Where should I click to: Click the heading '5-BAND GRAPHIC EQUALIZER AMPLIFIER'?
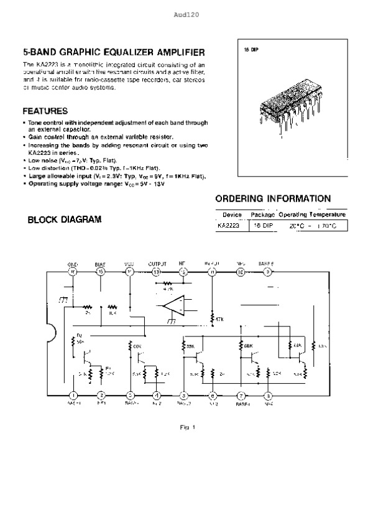tap(114, 53)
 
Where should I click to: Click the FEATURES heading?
tap(45, 111)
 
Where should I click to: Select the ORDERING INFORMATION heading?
tap(272, 199)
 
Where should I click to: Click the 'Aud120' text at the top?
tap(186, 14)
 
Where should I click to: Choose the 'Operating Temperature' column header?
tap(312, 215)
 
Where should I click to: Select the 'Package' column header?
tap(262, 215)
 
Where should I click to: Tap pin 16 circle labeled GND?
tap(73, 272)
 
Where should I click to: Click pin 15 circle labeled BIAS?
tap(101, 272)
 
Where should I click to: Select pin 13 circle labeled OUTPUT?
tap(157, 272)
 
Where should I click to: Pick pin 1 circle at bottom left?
tap(73, 395)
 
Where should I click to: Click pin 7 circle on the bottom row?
tap(240, 395)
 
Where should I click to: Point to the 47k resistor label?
tap(216, 319)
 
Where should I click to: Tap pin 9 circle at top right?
tap(267, 272)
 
